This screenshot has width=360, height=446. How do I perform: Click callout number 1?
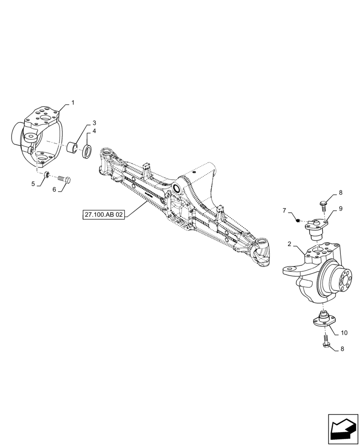[73, 103]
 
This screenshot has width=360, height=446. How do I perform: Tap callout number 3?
[94, 123]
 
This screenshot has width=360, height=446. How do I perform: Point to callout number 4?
[94, 131]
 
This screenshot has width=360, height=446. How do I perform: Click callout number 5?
[33, 183]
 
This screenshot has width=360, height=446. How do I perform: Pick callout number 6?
[54, 189]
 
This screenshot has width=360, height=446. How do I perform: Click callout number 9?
[340, 208]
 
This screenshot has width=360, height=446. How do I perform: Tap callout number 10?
[344, 333]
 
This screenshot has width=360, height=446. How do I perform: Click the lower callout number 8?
[342, 349]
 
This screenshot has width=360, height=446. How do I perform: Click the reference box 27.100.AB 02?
[104, 215]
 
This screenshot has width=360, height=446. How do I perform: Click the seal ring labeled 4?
[87, 151]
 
